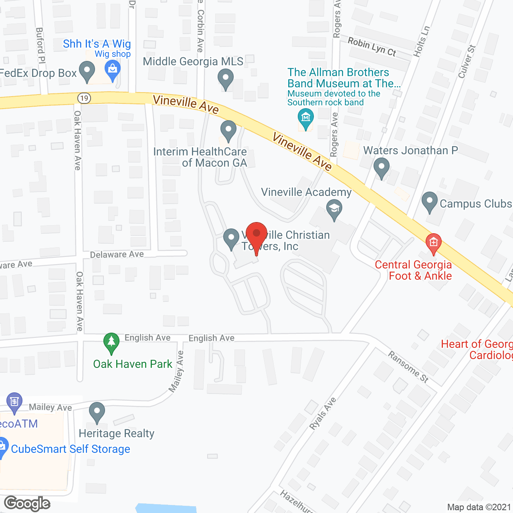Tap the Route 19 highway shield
point(84,98)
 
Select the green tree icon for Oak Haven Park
point(111,343)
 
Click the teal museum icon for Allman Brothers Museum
point(306,119)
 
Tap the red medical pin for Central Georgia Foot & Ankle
point(433,243)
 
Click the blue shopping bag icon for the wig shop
point(113,69)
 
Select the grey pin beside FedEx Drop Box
point(87,71)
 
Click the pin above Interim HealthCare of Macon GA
point(228,130)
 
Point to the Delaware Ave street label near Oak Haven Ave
point(117,254)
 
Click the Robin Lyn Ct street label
point(372,47)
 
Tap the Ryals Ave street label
point(323,414)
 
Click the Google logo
point(27,503)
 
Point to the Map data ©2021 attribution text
point(479,507)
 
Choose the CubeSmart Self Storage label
point(71,449)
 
